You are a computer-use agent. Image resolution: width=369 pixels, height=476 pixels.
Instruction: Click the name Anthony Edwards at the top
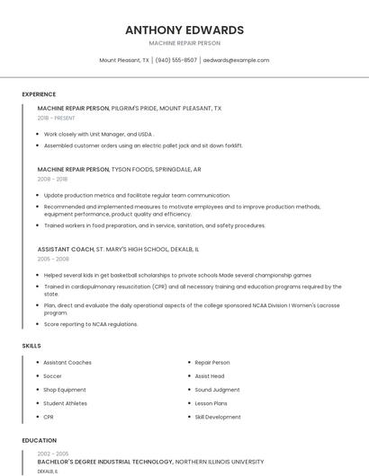(184, 30)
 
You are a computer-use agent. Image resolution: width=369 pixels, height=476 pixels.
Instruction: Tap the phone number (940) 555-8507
(175, 60)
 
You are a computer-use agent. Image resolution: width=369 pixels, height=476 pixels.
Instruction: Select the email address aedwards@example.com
(236, 60)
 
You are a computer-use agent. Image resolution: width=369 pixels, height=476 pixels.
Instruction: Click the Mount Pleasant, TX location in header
(124, 60)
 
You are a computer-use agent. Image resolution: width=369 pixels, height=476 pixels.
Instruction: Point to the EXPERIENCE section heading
(39, 94)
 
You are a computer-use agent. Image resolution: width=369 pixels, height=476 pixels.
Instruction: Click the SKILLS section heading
(31, 346)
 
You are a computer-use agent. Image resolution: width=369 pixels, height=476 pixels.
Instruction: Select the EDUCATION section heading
(39, 441)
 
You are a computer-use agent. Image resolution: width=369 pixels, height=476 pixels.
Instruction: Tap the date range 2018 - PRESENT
(57, 118)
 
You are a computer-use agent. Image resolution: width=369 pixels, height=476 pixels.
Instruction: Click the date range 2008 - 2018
(53, 179)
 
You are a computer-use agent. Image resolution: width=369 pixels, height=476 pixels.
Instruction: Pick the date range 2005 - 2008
(53, 259)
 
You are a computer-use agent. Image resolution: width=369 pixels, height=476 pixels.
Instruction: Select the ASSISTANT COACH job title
(66, 249)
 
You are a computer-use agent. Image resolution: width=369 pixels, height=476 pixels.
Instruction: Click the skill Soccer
(53, 376)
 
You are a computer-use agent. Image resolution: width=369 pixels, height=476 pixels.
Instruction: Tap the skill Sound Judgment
(217, 390)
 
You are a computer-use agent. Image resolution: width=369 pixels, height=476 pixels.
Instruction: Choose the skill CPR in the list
(49, 417)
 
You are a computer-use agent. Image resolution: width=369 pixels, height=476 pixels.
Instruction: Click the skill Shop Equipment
(65, 390)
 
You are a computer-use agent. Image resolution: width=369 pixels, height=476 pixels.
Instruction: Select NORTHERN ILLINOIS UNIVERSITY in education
(220, 462)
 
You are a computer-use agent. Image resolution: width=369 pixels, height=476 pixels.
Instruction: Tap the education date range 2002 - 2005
(53, 454)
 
